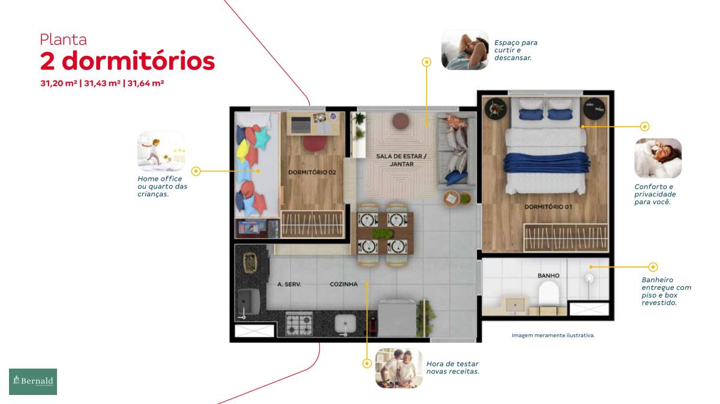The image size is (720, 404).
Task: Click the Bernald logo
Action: (33, 381)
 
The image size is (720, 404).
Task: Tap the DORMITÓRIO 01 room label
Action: (548, 207)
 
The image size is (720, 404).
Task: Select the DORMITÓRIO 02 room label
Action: (312, 172)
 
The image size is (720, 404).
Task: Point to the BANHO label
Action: (548, 276)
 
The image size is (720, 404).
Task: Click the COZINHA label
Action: (344, 285)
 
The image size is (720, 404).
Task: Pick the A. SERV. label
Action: (289, 285)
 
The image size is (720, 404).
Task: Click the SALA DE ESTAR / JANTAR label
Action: (401, 160)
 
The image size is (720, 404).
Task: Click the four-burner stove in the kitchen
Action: (299, 324)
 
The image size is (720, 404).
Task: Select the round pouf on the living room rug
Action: (401, 121)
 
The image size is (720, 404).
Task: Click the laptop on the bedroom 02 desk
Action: (301, 124)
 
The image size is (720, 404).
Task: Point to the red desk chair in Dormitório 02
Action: (314, 143)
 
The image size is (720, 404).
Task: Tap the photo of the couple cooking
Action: (399, 368)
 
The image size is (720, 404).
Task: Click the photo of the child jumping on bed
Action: (161, 151)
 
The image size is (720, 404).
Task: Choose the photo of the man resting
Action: (465, 50)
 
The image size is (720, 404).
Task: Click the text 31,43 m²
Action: (102, 83)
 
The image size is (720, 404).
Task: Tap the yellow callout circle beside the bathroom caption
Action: (653, 267)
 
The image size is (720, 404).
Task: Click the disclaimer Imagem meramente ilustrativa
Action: (553, 335)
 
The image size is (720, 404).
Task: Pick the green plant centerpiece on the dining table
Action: (383, 233)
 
